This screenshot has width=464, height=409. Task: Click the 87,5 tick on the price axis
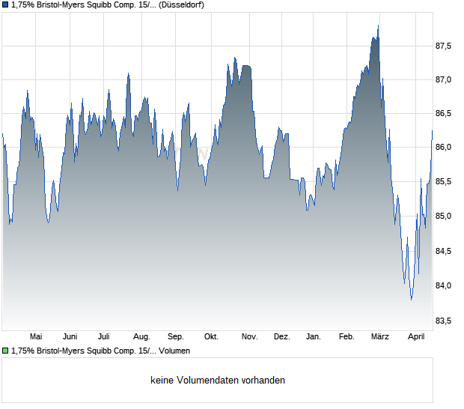[444, 46]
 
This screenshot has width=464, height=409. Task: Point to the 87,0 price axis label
[444, 79]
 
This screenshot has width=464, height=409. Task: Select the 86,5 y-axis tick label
[444, 114]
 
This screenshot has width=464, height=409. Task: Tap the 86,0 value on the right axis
[444, 148]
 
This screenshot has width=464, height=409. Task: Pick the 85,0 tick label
[444, 216]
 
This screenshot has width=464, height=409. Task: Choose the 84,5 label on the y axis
[444, 251]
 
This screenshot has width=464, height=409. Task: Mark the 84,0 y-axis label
[444, 285]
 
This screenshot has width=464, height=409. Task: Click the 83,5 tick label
[444, 321]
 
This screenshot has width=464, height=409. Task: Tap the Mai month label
[35, 336]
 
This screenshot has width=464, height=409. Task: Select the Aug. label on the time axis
[141, 336]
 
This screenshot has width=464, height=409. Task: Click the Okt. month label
[211, 336]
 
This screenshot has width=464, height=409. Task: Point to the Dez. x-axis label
[281, 336]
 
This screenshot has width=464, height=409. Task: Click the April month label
[416, 336]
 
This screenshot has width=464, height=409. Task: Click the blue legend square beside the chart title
[5, 4]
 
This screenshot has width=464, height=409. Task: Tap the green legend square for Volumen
[5, 351]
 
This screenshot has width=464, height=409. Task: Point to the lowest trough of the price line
[411, 300]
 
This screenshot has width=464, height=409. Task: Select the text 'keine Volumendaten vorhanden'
[218, 381]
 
